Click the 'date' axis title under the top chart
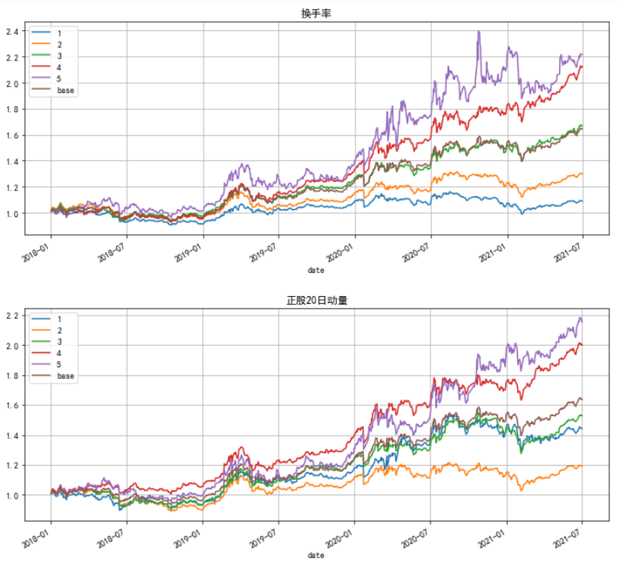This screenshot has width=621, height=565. pyautogui.click(x=316, y=270)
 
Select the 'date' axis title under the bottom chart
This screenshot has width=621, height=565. pyautogui.click(x=316, y=556)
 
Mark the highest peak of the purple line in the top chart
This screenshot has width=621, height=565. pyautogui.click(x=479, y=32)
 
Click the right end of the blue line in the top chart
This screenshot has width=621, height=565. pyautogui.click(x=582, y=202)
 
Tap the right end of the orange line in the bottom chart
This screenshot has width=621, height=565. pyautogui.click(x=582, y=466)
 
